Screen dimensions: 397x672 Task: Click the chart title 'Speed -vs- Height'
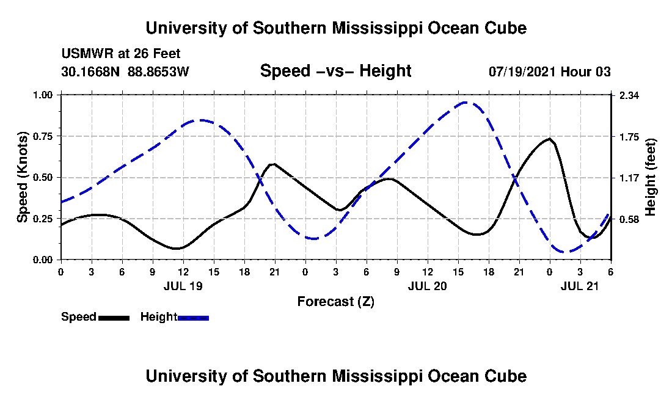point(335,71)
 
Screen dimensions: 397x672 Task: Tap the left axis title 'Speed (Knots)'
point(23,177)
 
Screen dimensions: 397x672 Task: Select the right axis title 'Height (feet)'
point(650,177)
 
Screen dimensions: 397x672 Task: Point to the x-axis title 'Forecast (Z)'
point(335,301)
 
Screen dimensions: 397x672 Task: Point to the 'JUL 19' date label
point(183,285)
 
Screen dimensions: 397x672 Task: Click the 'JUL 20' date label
point(428,285)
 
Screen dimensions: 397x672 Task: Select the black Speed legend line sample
point(114,318)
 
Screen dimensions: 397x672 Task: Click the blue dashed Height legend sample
point(193,318)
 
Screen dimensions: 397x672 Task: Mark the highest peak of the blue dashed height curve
point(466,103)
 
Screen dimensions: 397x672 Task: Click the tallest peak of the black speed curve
point(550,139)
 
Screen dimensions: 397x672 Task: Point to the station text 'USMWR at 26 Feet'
point(121,54)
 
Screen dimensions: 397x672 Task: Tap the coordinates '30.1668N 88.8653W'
point(126,71)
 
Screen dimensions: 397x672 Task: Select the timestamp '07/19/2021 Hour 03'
point(550,71)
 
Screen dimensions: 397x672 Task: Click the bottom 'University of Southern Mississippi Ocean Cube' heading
point(335,376)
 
